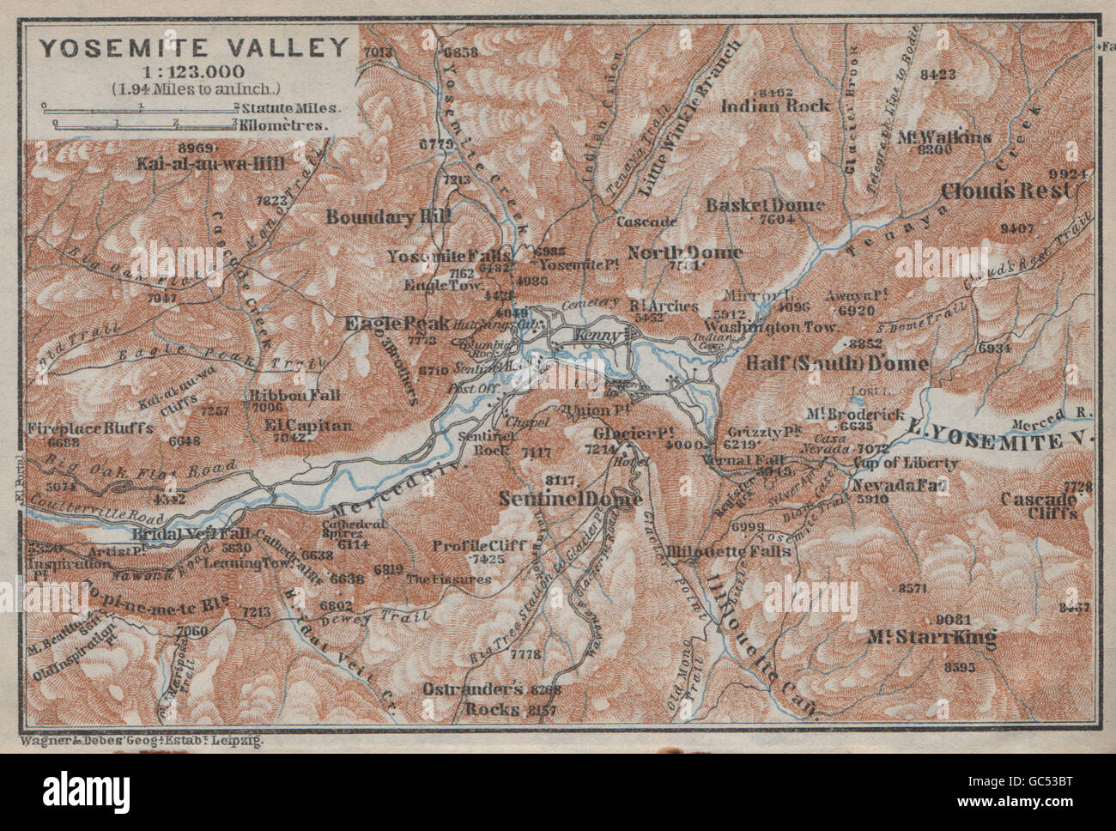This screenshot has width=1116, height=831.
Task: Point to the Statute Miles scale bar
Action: tap(142, 108)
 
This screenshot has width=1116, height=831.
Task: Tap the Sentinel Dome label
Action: tap(568, 497)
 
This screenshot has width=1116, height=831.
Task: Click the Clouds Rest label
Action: tap(1017, 190)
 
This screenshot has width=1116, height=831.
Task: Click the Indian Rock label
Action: tap(775, 105)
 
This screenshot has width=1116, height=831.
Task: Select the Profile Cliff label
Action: tap(467, 545)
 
